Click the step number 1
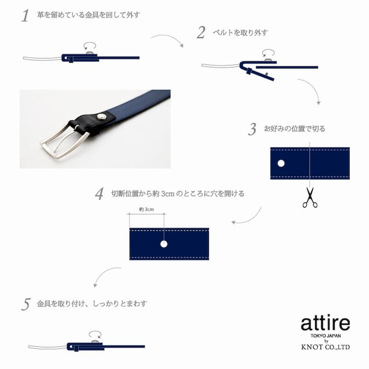point(25,16)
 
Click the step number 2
point(201,32)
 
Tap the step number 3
point(252,129)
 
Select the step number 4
point(99,194)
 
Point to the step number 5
point(26,304)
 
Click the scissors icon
point(310,197)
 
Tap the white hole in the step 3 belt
point(281,163)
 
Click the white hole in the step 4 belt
point(164,244)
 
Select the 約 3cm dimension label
point(146,209)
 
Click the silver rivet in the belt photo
point(101,116)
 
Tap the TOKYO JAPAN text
point(326,336)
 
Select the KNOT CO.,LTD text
point(326,347)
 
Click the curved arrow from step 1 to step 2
point(168,38)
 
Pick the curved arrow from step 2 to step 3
point(313,87)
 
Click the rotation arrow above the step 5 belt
point(95,334)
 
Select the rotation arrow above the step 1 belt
point(90,45)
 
